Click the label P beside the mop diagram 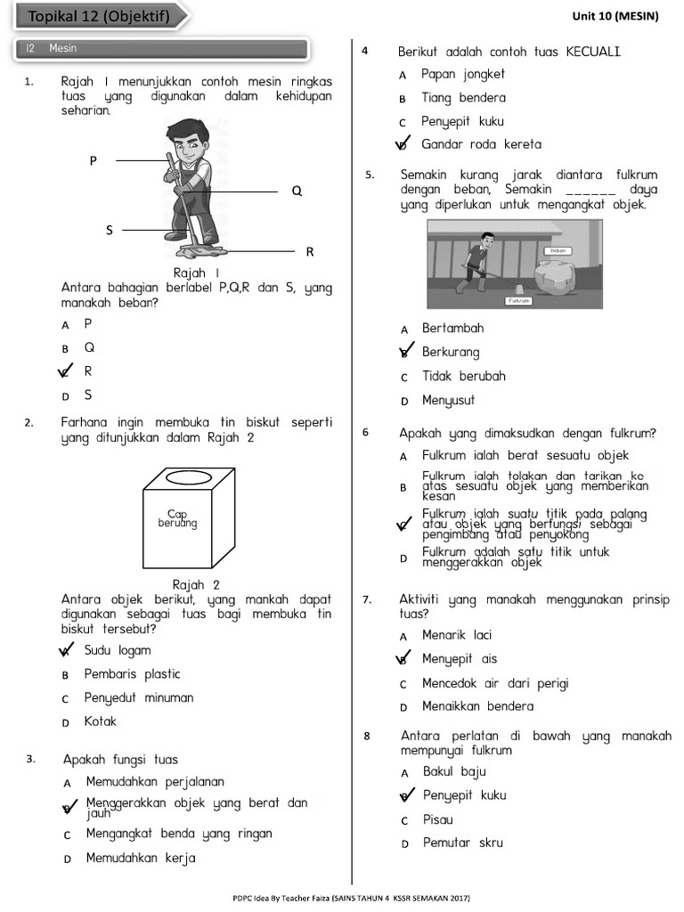[93, 160]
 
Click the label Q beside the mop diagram [297, 191]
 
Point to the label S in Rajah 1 [110, 230]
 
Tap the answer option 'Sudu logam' [118, 650]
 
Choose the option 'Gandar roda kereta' [481, 144]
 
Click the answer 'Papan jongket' [463, 74]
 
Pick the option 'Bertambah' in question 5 [452, 329]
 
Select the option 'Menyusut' [449, 401]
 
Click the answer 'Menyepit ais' [460, 659]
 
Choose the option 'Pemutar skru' [462, 843]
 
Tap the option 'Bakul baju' [454, 772]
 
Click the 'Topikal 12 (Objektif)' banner [98, 16]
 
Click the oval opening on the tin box [188, 478]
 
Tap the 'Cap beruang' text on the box [177, 518]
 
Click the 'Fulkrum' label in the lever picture [519, 301]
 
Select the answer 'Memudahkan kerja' [141, 859]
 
